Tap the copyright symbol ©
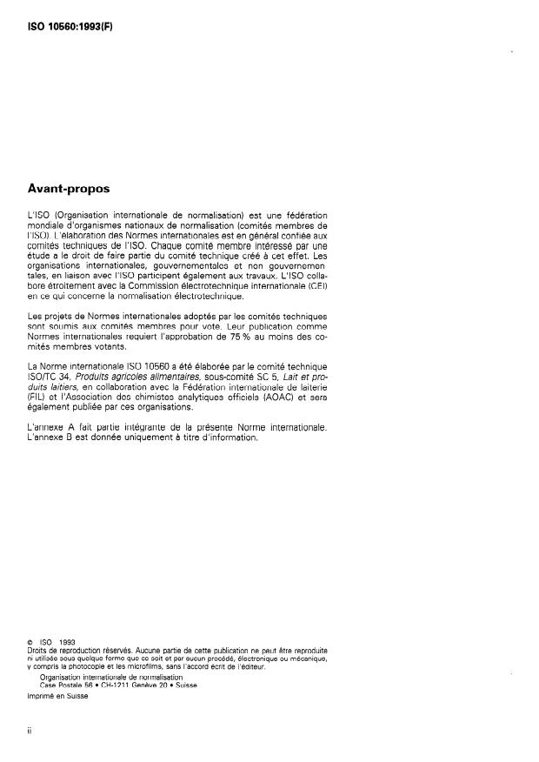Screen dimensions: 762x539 coord(31,644)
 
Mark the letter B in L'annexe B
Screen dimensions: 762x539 coord(70,438)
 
